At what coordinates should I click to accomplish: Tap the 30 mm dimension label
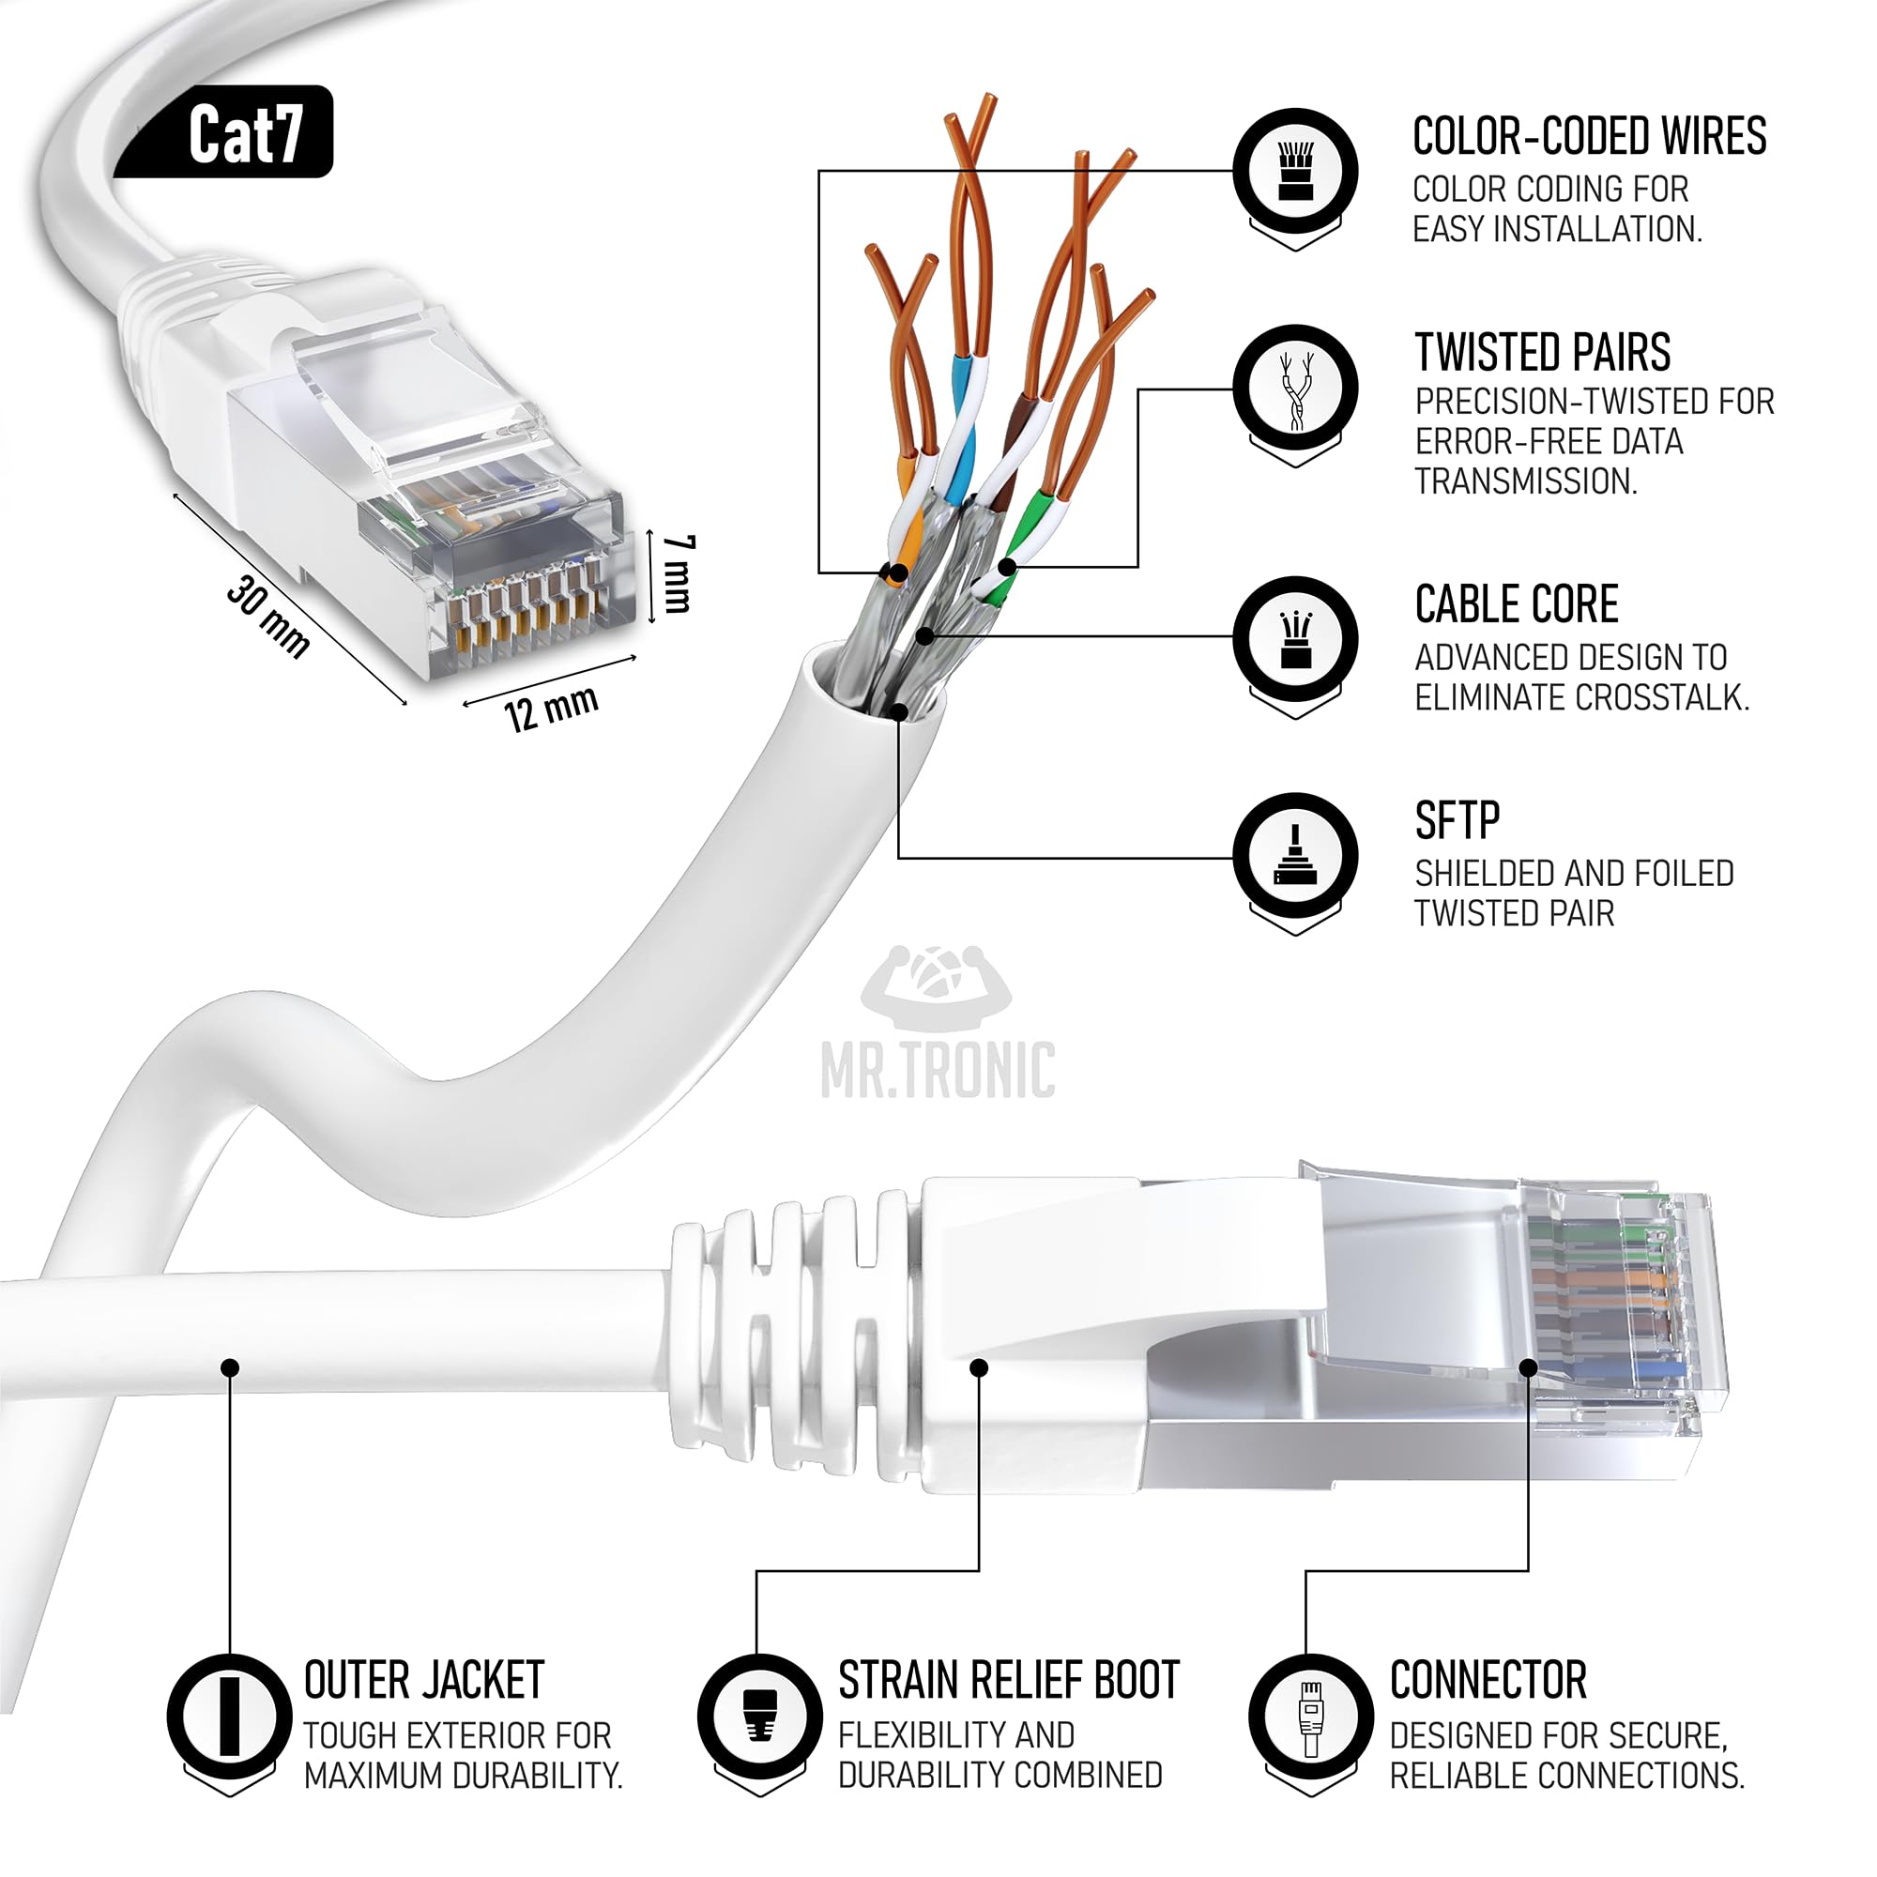point(269,617)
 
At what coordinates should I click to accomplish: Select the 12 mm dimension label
point(551,709)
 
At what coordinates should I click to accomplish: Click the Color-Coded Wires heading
point(1590,136)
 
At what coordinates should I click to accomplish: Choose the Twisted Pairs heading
point(1543,353)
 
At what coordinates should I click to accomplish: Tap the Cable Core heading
point(1517,604)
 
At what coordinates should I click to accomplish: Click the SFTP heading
point(1457,821)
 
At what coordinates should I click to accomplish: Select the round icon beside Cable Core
point(1296,638)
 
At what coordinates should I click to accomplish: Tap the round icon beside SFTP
point(1296,855)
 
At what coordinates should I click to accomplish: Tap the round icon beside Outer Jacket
point(229,1716)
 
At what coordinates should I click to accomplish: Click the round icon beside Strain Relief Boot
point(760,1716)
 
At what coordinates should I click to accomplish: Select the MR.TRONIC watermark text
point(938,1071)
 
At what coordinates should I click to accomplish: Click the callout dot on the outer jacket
point(230,1367)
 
